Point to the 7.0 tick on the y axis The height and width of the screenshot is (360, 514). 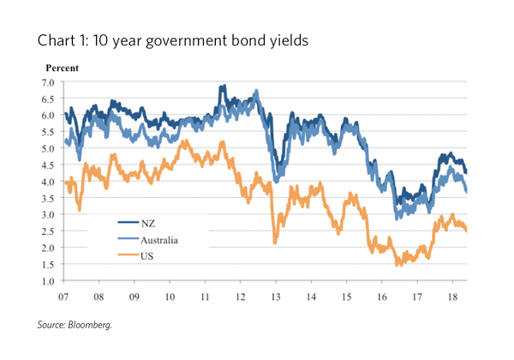(47, 82)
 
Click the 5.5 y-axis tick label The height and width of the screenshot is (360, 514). (47, 132)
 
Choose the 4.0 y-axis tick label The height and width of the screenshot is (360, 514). (47, 182)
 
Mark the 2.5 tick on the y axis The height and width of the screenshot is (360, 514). (47, 231)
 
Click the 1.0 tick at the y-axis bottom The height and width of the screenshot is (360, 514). (47, 281)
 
